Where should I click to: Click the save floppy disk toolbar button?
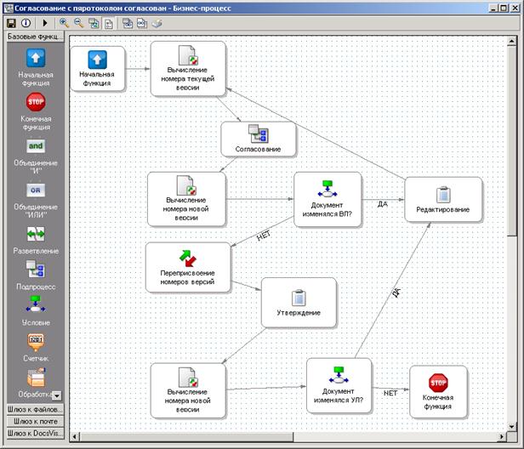tap(11, 23)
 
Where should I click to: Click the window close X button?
tap(515, 8)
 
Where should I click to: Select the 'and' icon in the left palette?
tap(36, 146)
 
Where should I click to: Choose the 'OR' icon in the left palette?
tap(36, 190)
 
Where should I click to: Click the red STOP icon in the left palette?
tap(36, 102)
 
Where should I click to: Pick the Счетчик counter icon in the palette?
tap(36, 342)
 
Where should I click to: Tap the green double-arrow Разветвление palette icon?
tap(36, 234)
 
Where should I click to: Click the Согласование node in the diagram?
tap(259, 139)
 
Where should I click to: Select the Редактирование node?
tap(443, 200)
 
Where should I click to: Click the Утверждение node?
tap(299, 303)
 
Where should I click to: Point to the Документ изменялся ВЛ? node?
tap(327, 200)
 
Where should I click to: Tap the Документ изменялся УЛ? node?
tap(339, 385)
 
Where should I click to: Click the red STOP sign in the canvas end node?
tap(438, 383)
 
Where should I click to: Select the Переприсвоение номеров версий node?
tap(188, 268)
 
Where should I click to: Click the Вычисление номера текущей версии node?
tap(188, 69)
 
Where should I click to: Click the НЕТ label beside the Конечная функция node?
tap(390, 393)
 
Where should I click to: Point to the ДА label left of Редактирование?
tap(383, 204)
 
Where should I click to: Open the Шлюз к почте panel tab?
tap(36, 421)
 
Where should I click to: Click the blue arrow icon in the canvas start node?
tap(97, 60)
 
